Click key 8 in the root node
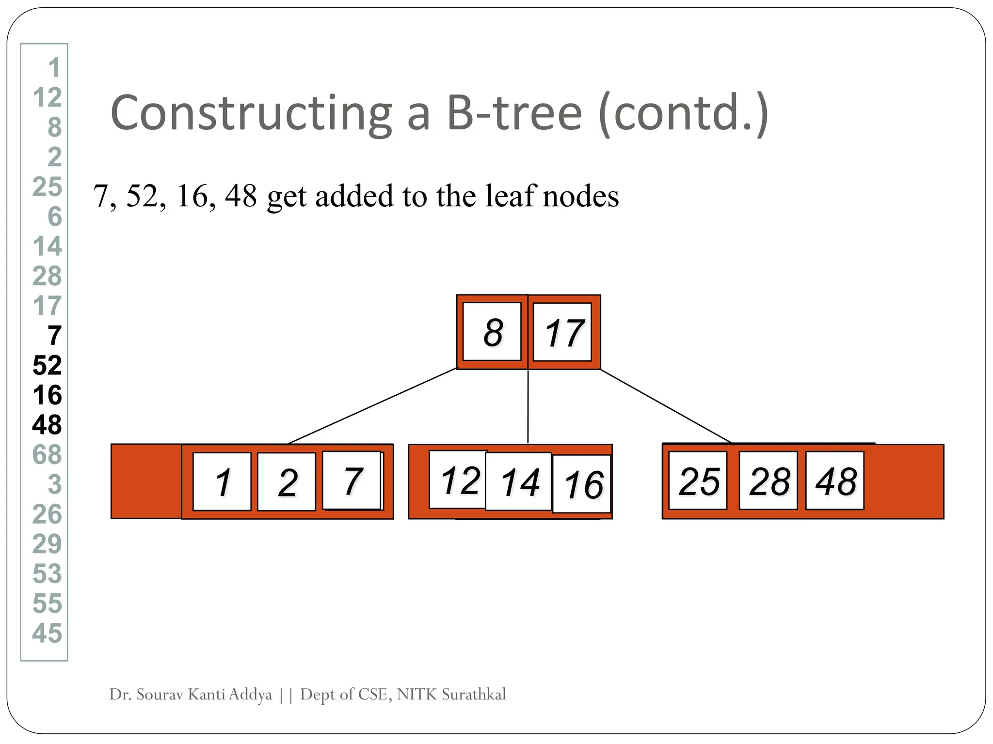pyautogui.click(x=492, y=332)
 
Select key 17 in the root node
pyautogui.click(x=562, y=332)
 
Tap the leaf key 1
pyautogui.click(x=222, y=481)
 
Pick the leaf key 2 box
pyautogui.click(x=287, y=481)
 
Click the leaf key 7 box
pyautogui.click(x=352, y=480)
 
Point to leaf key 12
pyautogui.click(x=458, y=480)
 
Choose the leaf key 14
pyautogui.click(x=519, y=481)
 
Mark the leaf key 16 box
pyautogui.click(x=582, y=484)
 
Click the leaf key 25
pyautogui.click(x=698, y=480)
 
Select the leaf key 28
pyautogui.click(x=769, y=480)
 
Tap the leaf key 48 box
pyautogui.click(x=835, y=480)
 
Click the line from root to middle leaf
pyautogui.click(x=528, y=407)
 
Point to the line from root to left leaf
pyautogui.click(x=371, y=406)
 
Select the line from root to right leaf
pyautogui.click(x=665, y=406)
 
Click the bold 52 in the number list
pyautogui.click(x=47, y=365)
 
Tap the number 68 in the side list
pyautogui.click(x=47, y=455)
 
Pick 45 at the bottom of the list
pyautogui.click(x=47, y=633)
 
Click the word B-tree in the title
pyautogui.click(x=514, y=113)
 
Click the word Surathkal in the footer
pyautogui.click(x=474, y=695)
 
